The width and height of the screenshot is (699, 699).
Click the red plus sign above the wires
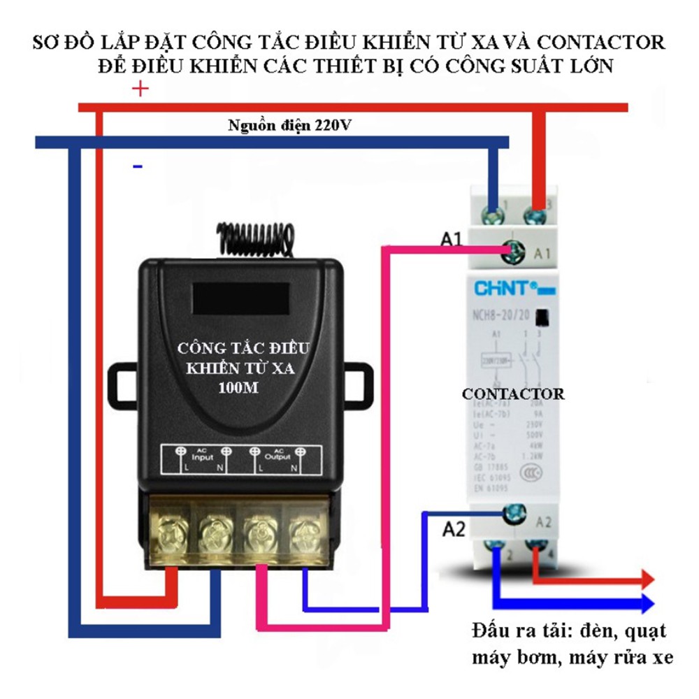(x=140, y=89)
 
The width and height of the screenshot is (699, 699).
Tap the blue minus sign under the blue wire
(x=138, y=166)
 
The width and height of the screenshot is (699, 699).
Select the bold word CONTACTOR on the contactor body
(x=513, y=394)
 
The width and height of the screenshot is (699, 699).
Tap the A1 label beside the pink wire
(x=451, y=240)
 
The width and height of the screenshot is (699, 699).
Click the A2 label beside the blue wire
(x=454, y=530)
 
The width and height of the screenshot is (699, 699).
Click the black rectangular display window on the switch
(x=241, y=298)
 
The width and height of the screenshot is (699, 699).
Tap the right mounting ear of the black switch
(x=361, y=382)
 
